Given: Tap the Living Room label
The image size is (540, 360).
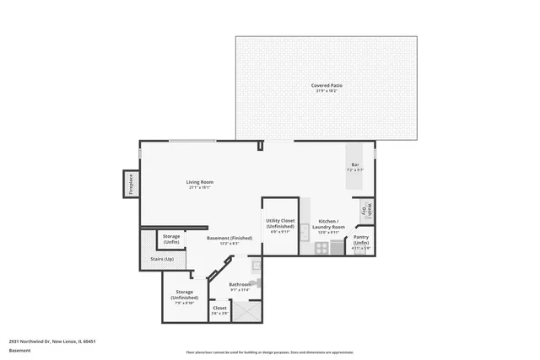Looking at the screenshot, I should [x=199, y=183].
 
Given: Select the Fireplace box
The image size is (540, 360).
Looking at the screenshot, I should [x=131, y=184].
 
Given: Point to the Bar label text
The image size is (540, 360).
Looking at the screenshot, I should [x=354, y=166].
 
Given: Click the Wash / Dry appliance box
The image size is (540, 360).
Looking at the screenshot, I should [x=366, y=211].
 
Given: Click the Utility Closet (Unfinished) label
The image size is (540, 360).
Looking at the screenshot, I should [x=280, y=223].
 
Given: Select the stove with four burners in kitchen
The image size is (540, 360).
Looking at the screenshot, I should [x=321, y=248].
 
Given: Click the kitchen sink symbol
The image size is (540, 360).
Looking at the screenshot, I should [x=305, y=228].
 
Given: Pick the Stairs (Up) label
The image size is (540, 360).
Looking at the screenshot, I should [x=162, y=259].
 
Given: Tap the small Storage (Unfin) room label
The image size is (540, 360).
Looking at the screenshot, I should [x=171, y=238].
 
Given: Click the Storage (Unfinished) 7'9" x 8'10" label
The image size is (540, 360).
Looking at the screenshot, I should [x=185, y=295].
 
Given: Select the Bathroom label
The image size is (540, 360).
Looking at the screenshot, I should [x=240, y=285].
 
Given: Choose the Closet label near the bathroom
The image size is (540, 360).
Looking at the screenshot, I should [x=219, y=309].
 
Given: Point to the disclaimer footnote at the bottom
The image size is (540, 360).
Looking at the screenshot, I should [x=269, y=352].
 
